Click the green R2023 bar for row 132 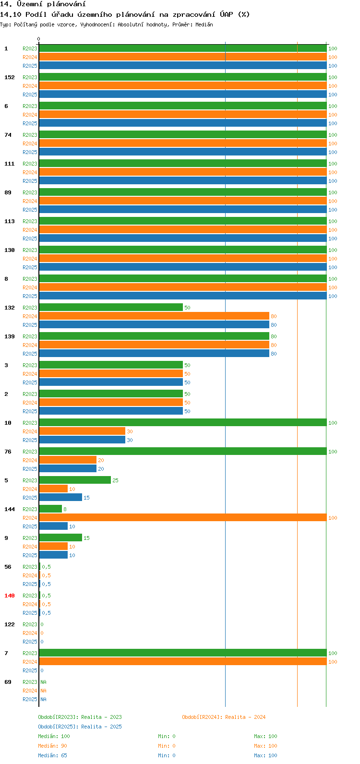coord(111,308)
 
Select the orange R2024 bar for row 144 coord(182,518)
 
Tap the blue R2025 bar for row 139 coord(154,354)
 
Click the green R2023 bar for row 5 coord(75,480)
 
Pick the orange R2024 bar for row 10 coord(82,431)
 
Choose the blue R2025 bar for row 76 coord(68,469)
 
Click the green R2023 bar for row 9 coord(60,538)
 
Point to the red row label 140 coord(10,596)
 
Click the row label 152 coord(10,77)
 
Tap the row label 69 coord(8,682)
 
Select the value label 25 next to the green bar coord(115,480)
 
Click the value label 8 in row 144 coord(65,509)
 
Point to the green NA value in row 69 coord(43,682)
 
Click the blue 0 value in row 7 coord(42,670)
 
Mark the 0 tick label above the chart coord(39,39)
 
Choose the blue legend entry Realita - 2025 coord(80,727)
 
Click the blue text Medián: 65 coord(52,755)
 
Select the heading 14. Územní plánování coord(43,4)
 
